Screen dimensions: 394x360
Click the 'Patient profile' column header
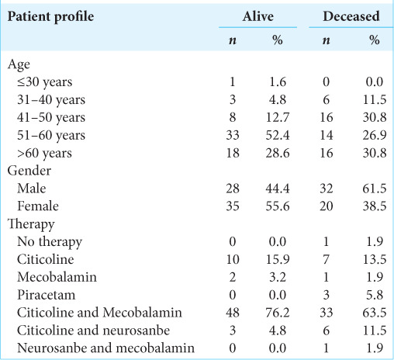50,17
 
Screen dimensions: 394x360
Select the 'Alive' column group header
258,16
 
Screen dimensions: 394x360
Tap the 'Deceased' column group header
351,16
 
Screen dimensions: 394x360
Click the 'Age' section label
19,64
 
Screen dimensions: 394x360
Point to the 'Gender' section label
29,171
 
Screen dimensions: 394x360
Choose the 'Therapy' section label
31,224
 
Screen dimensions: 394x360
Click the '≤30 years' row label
45,82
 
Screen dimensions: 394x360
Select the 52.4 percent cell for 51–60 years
278,135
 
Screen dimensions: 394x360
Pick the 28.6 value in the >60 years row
278,153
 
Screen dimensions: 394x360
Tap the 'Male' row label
32,189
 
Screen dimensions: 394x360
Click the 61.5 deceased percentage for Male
375,189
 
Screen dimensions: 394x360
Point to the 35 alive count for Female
233,206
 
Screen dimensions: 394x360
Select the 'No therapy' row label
50,242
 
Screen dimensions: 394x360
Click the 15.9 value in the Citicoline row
278,260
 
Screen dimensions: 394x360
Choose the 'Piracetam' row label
47,295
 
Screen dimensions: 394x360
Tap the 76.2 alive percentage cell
278,313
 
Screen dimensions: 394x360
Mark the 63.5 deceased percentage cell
375,313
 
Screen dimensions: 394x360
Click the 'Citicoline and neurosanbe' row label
93,331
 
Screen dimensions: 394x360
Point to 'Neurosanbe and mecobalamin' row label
105,348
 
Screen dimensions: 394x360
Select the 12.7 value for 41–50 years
278,118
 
